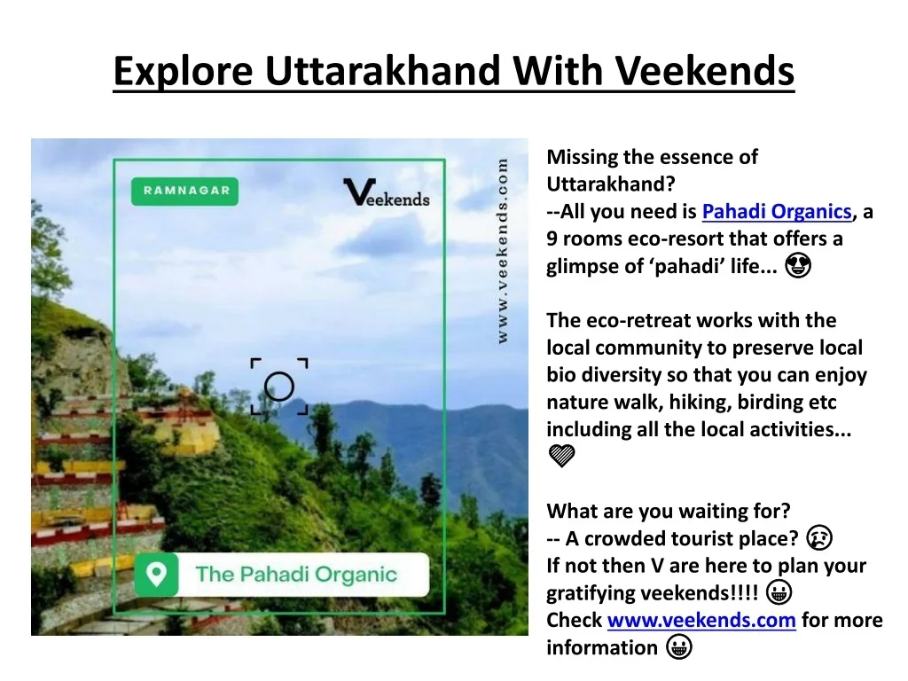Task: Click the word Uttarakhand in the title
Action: pyautogui.click(x=384, y=71)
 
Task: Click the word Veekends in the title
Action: pyautogui.click(x=704, y=71)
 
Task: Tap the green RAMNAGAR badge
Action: pyautogui.click(x=184, y=192)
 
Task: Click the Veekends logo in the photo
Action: pyautogui.click(x=387, y=192)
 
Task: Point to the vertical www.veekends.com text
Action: pyautogui.click(x=502, y=251)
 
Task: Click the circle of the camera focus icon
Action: pyautogui.click(x=279, y=387)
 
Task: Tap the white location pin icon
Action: pyautogui.click(x=156, y=574)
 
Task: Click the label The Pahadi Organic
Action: pyautogui.click(x=296, y=575)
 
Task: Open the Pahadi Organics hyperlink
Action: pyautogui.click(x=777, y=211)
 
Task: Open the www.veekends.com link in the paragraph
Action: pyautogui.click(x=701, y=620)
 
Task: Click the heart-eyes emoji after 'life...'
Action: pyautogui.click(x=798, y=266)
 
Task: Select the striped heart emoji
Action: pyautogui.click(x=561, y=456)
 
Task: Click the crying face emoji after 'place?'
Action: pyautogui.click(x=819, y=538)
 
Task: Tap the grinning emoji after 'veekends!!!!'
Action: pyautogui.click(x=779, y=592)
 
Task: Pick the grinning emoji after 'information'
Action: pyautogui.click(x=678, y=646)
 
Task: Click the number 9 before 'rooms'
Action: pyautogui.click(x=552, y=239)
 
